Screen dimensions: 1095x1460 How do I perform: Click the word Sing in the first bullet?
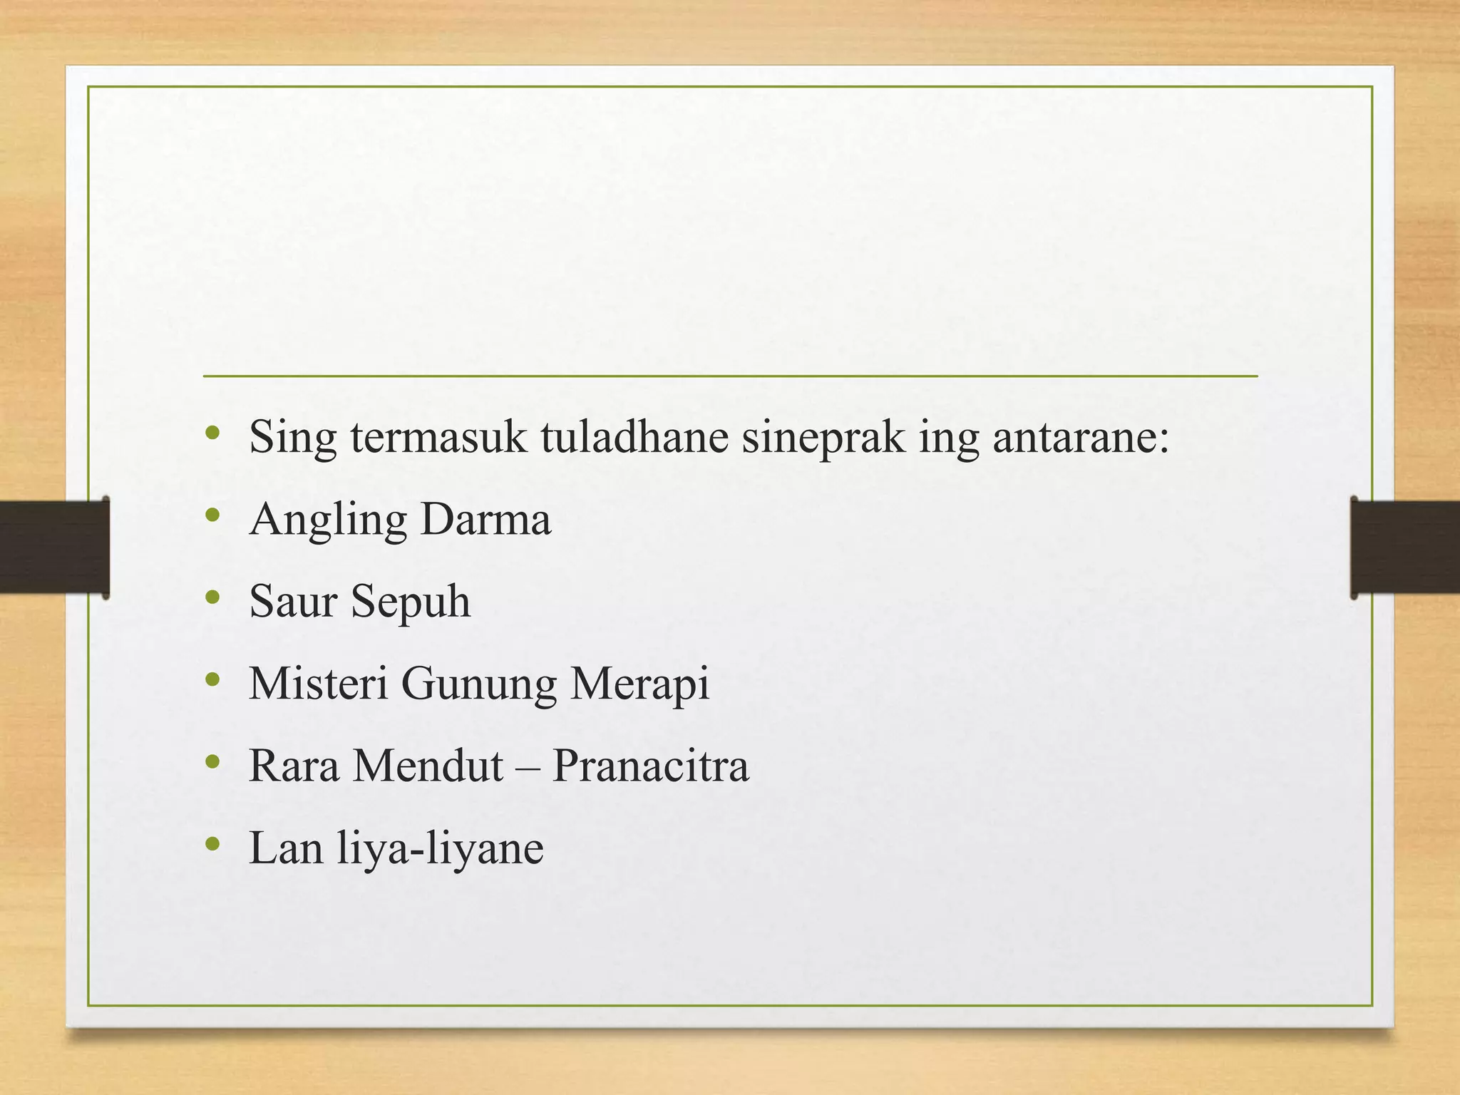[293, 438]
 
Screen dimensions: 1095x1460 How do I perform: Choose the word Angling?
[328, 520]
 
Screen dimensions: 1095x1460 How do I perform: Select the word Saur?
[293, 600]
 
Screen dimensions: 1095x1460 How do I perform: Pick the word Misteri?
[318, 683]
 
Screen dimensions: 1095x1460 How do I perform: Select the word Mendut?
[428, 765]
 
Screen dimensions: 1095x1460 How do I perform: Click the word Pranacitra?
[650, 765]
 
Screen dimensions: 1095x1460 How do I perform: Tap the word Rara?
[294, 765]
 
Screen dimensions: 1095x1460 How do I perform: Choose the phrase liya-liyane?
[440, 848]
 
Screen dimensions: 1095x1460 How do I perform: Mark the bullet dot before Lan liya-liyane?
[212, 845]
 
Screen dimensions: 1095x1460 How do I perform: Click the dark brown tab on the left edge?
[54, 547]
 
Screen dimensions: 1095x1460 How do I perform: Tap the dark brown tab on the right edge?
[1405, 547]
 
